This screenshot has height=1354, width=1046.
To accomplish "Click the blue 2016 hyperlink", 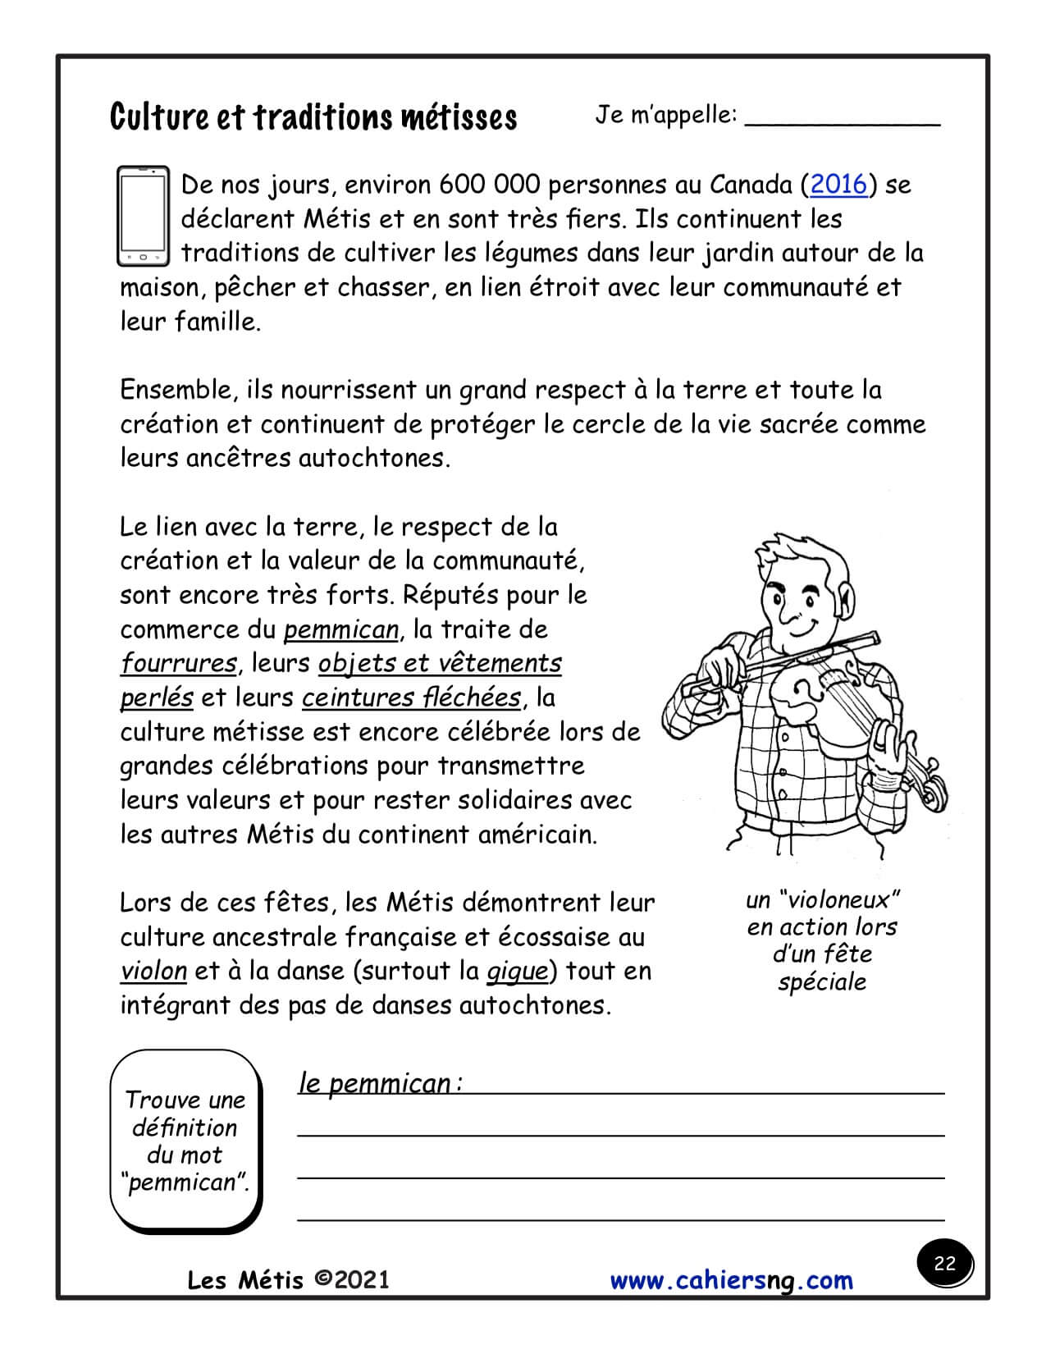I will point(838,185).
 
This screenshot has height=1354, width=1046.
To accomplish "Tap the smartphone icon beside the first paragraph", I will point(143,216).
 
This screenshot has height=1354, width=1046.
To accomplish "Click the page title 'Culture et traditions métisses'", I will point(313,117).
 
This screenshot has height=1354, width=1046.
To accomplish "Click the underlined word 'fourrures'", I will point(178,663).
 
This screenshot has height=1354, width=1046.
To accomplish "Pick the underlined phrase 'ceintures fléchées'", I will point(411,698).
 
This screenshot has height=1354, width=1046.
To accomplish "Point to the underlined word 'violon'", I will point(153,971).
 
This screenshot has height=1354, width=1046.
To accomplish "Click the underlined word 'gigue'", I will point(517,971).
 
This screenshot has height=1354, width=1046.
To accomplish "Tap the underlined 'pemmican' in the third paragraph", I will point(341,629).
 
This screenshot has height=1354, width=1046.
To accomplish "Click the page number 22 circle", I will point(944,1263).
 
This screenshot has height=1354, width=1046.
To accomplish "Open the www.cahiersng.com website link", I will point(731,1280).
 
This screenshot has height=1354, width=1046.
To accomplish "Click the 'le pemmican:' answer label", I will point(380,1084).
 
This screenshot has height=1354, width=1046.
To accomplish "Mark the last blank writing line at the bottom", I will point(620,1219).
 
